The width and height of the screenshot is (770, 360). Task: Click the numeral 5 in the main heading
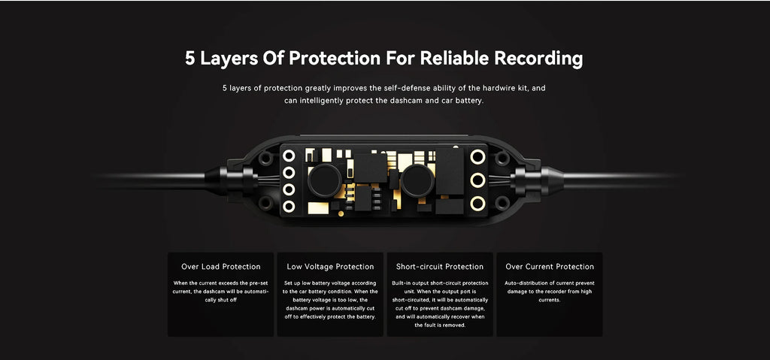190,59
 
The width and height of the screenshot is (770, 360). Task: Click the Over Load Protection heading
220,267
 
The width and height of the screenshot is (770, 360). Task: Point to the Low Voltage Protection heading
330,267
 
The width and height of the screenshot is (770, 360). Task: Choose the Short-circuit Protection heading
439,267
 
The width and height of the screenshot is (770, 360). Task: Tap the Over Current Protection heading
550,267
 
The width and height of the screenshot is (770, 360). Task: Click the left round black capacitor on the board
324,180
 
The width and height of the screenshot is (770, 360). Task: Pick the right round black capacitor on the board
417,180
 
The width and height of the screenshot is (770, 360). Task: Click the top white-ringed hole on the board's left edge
289,156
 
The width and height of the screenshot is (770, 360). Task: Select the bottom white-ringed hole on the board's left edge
289,206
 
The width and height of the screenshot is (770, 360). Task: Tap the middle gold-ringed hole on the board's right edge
477,180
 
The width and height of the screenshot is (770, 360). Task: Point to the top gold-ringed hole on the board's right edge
477,156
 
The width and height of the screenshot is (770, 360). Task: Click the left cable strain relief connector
230,180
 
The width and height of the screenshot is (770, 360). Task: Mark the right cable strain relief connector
538,180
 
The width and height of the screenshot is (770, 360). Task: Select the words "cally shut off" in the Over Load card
221,300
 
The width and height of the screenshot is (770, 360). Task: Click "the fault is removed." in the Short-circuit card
440,325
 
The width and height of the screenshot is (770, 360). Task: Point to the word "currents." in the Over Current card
550,300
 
